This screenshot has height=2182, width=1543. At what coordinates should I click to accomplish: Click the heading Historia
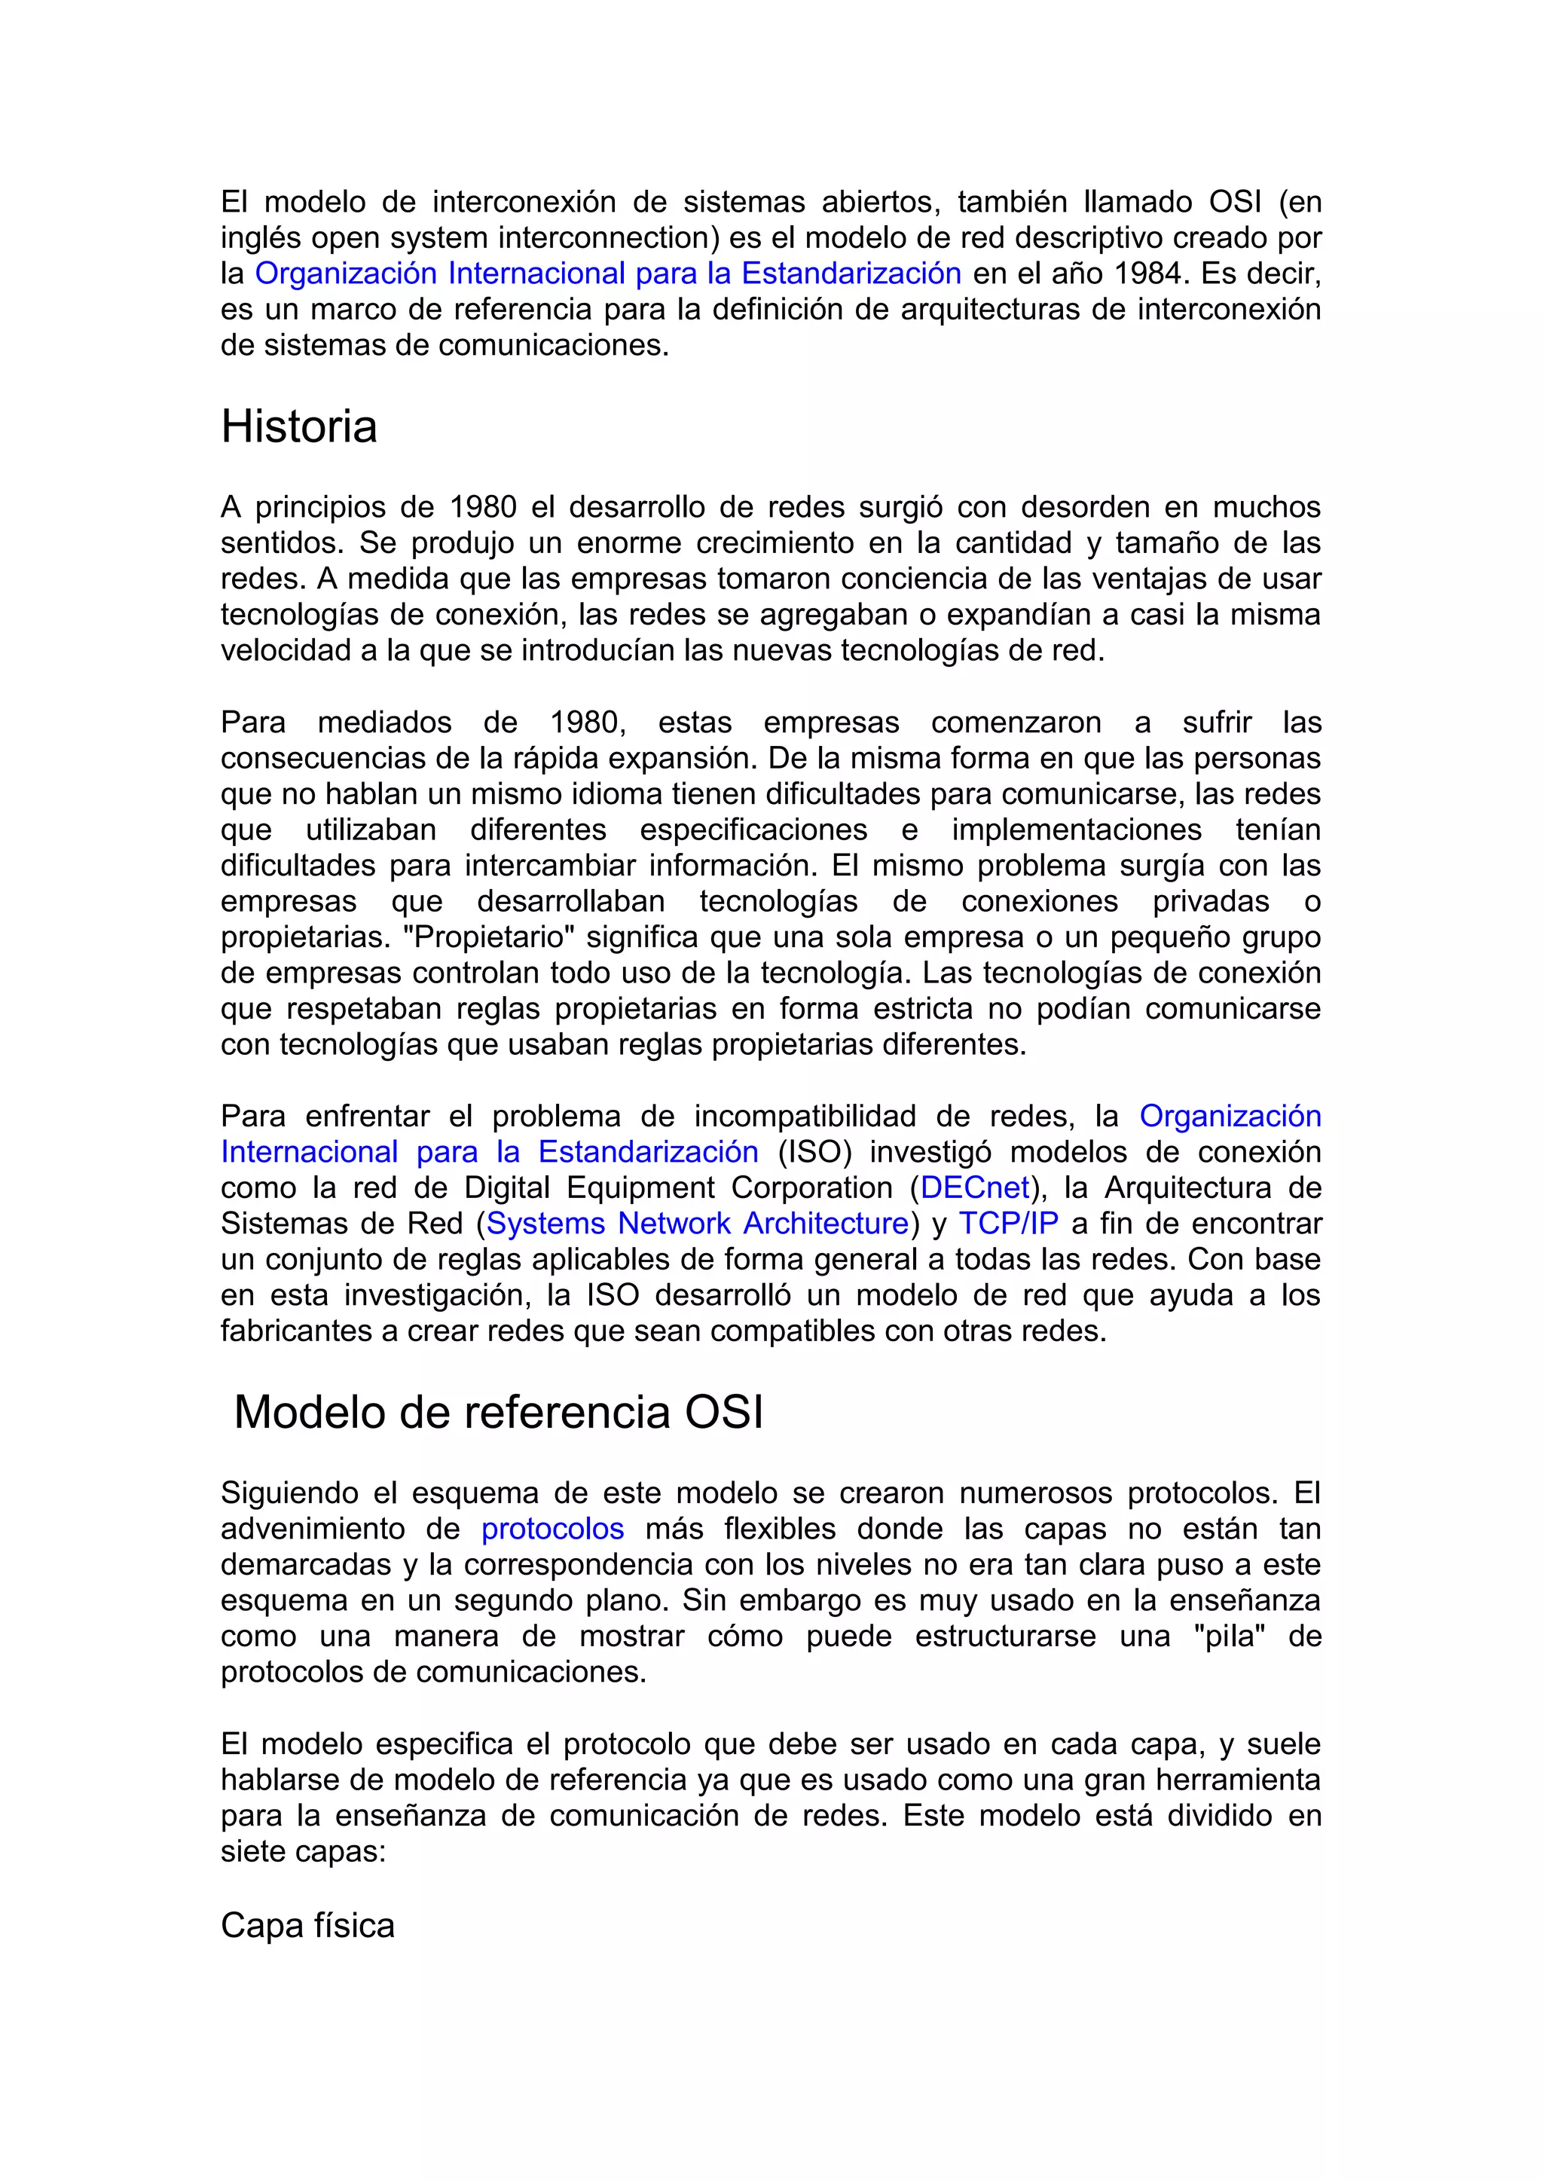point(298,426)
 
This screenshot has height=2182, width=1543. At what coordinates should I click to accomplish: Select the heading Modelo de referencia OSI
point(498,1412)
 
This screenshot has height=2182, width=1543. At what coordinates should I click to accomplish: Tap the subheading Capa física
point(307,1925)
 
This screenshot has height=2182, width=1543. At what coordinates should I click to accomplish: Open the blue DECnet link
point(975,1188)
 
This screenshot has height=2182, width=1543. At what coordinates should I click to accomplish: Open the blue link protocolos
point(552,1528)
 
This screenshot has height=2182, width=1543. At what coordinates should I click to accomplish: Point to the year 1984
point(1147,274)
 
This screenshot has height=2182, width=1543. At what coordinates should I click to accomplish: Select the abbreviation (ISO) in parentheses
point(814,1152)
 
